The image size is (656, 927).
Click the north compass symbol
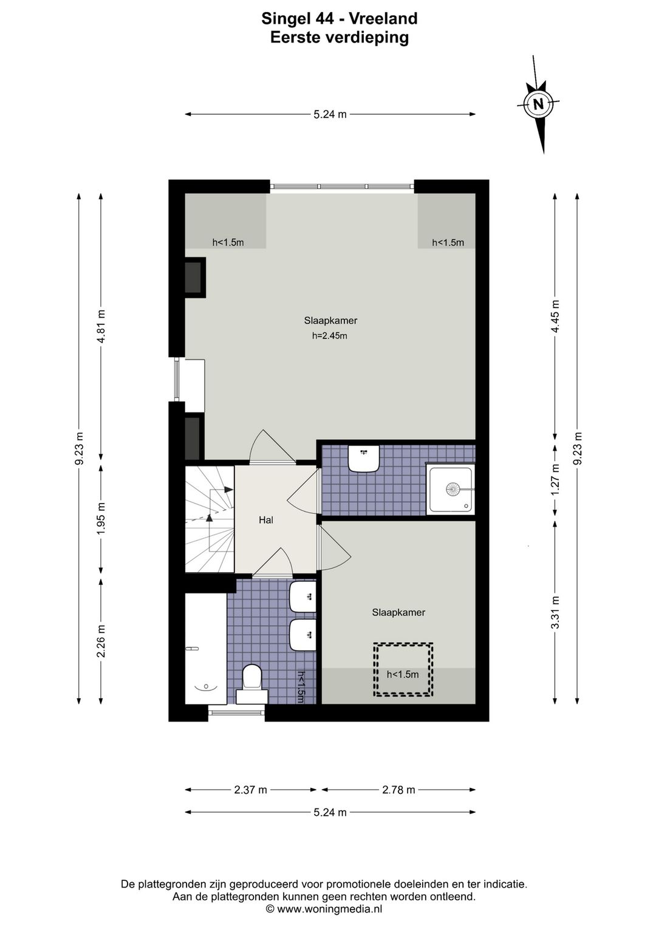(538, 103)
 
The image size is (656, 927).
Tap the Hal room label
(265, 520)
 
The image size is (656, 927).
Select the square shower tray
(451, 489)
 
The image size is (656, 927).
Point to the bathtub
(206, 649)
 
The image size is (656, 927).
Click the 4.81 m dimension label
(101, 327)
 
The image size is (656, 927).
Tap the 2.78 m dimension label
(398, 790)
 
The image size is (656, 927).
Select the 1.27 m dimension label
(555, 479)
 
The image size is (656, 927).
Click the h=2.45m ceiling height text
(329, 336)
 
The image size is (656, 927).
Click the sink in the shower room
(364, 458)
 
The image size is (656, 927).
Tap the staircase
(210, 519)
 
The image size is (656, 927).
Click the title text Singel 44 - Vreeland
(339, 19)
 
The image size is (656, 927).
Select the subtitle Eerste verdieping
(340, 38)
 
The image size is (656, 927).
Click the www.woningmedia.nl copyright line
(324, 909)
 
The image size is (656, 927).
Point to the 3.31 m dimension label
(555, 612)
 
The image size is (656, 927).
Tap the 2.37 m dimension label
(250, 790)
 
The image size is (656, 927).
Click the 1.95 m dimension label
(101, 518)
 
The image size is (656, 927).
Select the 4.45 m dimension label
(555, 316)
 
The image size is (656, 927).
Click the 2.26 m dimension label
(101, 641)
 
